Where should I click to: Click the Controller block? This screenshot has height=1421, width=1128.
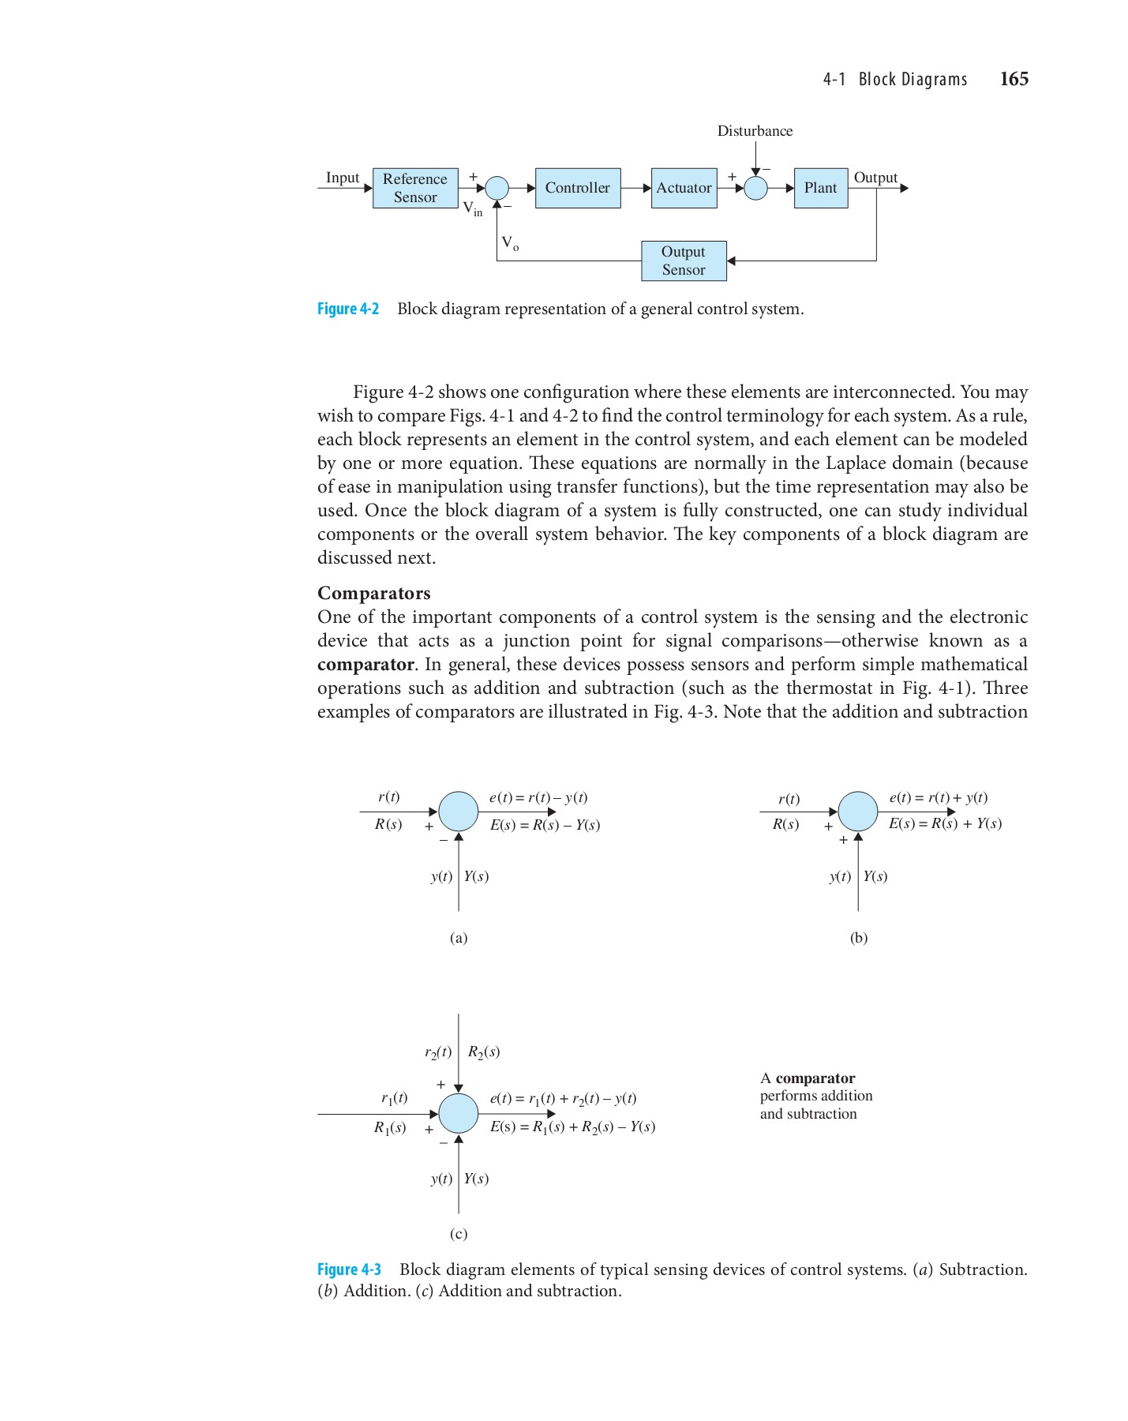577,188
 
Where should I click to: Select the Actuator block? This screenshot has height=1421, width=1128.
684,188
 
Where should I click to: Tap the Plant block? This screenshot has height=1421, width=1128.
820,188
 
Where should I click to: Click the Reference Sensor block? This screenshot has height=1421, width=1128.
415,188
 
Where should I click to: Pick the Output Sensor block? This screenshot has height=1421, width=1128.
683,261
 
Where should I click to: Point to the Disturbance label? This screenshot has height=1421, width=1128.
755,131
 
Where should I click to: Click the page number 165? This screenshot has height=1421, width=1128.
1014,79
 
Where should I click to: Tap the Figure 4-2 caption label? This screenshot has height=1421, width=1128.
348,309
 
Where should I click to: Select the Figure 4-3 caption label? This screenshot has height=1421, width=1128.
349,1269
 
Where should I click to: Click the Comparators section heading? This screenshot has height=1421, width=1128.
373,593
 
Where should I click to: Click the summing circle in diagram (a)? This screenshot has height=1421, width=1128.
458,812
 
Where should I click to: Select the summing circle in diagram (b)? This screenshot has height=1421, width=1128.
858,812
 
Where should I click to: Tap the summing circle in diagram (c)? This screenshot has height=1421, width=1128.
458,1113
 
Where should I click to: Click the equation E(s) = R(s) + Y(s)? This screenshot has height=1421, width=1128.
945,823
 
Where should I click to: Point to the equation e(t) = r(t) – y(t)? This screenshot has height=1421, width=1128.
538,797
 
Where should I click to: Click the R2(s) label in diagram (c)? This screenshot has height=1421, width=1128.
483,1052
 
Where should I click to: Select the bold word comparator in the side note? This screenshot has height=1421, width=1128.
815,1078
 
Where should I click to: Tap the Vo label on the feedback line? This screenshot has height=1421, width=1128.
511,243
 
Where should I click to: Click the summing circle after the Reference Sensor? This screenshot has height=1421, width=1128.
497,188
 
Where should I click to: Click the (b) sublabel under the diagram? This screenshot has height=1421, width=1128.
858,938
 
